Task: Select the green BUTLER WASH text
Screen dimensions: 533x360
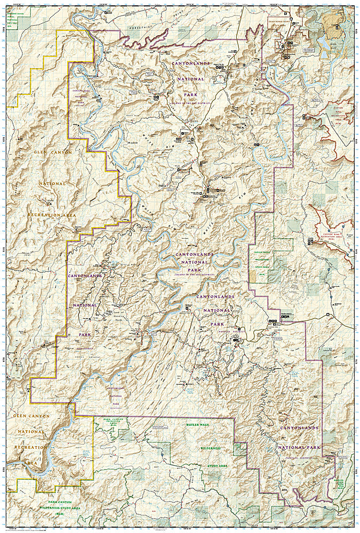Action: [198, 424]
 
